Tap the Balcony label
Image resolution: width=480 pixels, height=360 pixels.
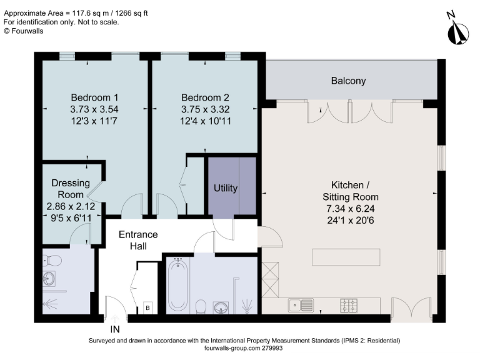348,81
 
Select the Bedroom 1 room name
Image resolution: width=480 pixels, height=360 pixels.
94,97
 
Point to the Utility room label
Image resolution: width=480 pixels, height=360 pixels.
225,187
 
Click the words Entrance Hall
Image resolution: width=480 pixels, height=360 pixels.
138,241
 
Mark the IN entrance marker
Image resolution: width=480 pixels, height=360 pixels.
115,329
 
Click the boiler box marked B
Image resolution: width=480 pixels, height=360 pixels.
148,307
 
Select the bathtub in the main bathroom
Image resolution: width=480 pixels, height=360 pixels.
177,286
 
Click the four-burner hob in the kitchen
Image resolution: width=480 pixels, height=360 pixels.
348,306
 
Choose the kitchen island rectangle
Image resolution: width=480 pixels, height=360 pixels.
346,257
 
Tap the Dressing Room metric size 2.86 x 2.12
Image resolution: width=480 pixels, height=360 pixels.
71,205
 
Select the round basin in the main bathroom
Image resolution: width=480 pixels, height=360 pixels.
221,306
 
